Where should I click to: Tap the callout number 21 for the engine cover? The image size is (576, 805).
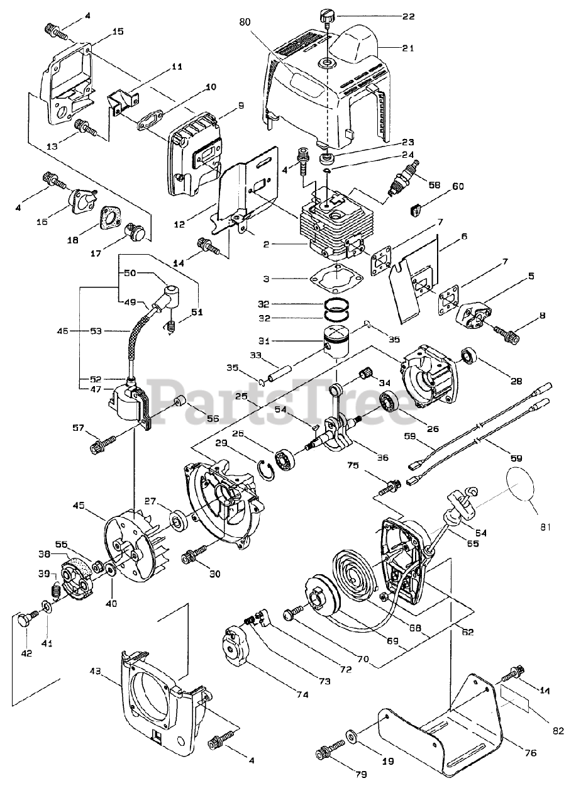408,48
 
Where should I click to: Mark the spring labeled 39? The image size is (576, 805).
55,590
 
